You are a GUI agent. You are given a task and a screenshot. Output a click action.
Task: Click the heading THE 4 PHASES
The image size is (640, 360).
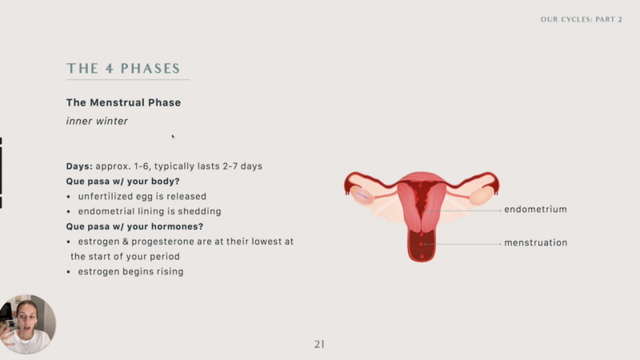click(123, 68)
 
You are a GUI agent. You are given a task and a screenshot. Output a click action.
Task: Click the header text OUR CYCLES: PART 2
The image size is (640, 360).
click(582, 19)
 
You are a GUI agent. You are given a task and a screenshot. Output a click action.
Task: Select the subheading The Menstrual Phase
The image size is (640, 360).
click(123, 102)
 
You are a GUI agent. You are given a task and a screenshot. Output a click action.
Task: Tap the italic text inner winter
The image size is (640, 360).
click(97, 122)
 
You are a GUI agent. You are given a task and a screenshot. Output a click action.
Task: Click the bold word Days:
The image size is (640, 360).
click(79, 166)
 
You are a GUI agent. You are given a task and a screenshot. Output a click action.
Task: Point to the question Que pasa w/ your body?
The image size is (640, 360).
click(123, 182)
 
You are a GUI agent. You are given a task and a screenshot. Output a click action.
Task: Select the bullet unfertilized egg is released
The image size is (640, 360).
click(142, 196)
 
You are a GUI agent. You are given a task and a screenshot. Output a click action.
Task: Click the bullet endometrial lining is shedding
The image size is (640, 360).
click(150, 211)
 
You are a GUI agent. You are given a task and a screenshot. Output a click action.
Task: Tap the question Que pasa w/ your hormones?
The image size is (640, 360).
click(134, 226)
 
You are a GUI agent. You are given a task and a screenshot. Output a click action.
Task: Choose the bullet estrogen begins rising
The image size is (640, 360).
click(130, 272)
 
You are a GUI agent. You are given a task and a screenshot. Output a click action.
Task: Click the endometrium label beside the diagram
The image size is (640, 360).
click(535, 210)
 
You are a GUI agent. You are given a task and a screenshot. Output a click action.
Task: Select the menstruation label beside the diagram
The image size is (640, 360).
click(535, 243)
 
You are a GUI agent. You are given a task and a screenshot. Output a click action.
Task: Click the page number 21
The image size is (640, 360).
click(319, 345)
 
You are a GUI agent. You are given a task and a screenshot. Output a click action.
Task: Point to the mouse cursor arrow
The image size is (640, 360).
click(173, 137)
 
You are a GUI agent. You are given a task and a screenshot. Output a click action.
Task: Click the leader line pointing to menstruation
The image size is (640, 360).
click(462, 244)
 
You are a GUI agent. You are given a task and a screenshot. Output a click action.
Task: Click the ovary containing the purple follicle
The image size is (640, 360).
click(362, 195)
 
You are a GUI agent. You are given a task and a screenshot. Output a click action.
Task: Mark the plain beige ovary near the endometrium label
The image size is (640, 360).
click(482, 195)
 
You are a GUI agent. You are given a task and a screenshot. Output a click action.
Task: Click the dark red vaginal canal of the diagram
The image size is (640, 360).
click(422, 245)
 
